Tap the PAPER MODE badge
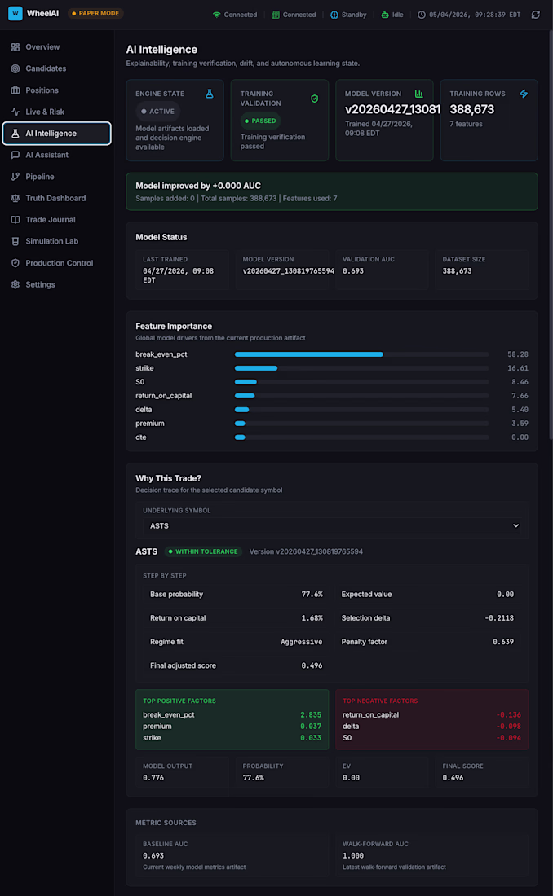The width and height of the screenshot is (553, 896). coord(95,13)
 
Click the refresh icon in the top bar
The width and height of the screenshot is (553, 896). coord(535,15)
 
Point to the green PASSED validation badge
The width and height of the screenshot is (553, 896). coord(260,121)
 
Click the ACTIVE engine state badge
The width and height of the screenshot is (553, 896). coord(158,112)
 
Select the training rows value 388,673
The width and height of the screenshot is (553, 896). coord(471,109)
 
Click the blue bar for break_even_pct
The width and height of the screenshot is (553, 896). coord(308,354)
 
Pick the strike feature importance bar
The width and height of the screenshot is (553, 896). coord(256,368)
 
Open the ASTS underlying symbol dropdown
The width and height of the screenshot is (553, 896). coord(334,525)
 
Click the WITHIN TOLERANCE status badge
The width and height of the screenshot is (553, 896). coord(203,551)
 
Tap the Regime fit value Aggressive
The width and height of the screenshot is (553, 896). coord(301,642)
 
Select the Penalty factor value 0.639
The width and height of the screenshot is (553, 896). coord(503,642)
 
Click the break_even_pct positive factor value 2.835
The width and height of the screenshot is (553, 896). coord(311,715)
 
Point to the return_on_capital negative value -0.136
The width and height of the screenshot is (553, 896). coord(508,715)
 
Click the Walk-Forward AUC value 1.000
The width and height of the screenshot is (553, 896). coord(352,855)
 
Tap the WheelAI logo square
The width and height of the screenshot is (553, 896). coord(15,13)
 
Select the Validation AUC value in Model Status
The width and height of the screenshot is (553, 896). coord(352,271)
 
